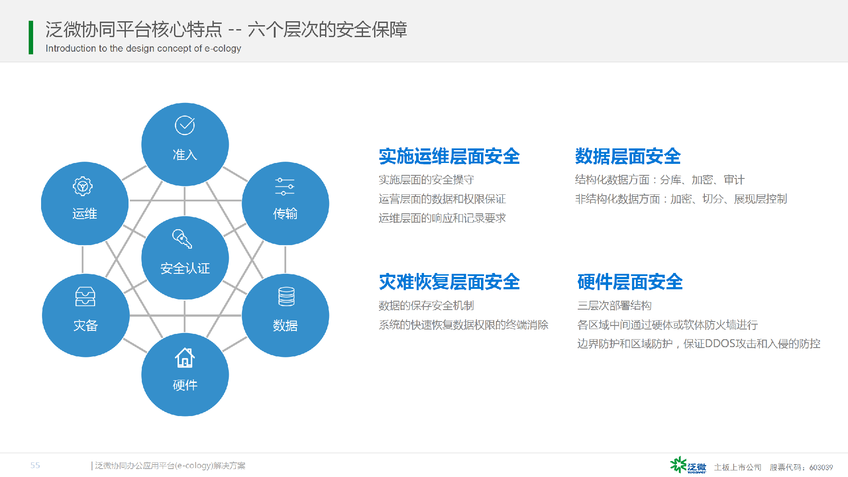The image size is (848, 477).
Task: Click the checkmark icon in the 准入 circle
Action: [x=185, y=125]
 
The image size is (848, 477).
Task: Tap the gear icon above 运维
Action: [x=83, y=186]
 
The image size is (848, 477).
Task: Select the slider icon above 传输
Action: [x=285, y=186]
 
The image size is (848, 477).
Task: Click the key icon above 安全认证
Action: [x=182, y=239]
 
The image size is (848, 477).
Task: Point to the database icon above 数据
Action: [x=286, y=296]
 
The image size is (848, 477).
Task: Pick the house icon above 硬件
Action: [x=185, y=357]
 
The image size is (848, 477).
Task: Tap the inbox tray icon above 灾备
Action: [x=85, y=296]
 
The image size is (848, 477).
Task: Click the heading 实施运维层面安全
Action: [x=449, y=156]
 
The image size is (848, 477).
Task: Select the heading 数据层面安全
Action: [x=628, y=156]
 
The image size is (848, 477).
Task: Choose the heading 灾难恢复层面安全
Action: [x=449, y=282]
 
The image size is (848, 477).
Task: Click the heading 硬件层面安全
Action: [x=630, y=282]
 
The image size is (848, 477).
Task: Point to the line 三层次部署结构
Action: [x=614, y=306]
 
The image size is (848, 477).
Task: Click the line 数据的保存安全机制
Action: [x=426, y=306]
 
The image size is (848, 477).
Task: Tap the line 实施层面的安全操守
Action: [x=426, y=180]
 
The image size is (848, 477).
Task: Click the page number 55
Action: [x=35, y=466]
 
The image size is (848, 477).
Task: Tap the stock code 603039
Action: [x=821, y=467]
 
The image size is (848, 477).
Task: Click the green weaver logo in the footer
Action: [x=688, y=465]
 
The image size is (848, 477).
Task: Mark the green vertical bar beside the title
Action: [x=31, y=38]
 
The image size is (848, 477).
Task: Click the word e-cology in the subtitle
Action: [x=223, y=49]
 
